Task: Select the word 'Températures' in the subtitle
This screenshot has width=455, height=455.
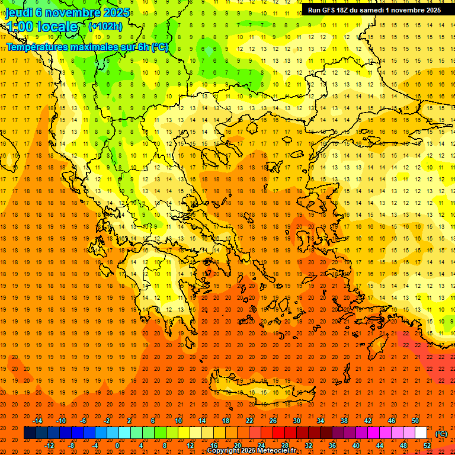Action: (x=36, y=47)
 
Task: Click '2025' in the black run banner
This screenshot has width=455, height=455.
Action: (x=430, y=10)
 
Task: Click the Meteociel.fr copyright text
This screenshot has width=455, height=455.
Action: (x=251, y=451)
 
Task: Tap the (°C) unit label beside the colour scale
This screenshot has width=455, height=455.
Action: (x=441, y=434)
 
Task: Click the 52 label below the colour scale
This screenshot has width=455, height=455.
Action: (x=427, y=446)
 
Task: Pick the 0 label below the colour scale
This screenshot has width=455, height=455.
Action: (x=117, y=446)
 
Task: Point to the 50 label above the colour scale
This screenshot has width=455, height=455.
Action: (x=415, y=421)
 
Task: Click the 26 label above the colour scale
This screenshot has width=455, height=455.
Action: (x=273, y=421)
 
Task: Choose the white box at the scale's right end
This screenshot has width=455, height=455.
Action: (x=421, y=433)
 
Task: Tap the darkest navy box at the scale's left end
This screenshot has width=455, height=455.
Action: (x=30, y=433)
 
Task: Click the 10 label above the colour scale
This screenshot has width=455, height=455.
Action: (x=178, y=421)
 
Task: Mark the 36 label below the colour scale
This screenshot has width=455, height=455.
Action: (x=332, y=446)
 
